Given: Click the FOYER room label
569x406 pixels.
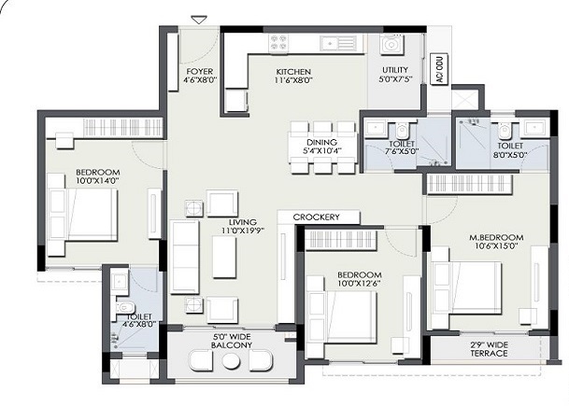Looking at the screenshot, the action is [x=199, y=72].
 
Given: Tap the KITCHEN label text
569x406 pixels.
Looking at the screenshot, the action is [x=293, y=72].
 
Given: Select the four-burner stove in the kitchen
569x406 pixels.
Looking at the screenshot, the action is [x=278, y=43].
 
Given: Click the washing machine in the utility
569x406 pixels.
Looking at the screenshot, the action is [x=391, y=45].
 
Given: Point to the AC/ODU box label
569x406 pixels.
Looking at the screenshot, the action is [x=439, y=69].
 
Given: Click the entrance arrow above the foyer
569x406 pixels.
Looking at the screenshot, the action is [x=199, y=20].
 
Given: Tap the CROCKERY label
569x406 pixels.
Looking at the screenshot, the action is [x=317, y=217].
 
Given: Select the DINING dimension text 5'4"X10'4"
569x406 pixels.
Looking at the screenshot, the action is [x=322, y=150].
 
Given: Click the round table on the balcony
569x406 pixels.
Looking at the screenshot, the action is [x=231, y=361].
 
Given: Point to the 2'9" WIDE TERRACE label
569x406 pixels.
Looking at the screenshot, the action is [x=489, y=349].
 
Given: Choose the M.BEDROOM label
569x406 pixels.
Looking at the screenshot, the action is [x=496, y=237].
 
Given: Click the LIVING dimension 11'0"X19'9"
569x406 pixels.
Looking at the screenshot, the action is [x=243, y=231].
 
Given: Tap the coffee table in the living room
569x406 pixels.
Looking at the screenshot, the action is [x=224, y=257].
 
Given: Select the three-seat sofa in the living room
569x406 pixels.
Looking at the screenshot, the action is [x=185, y=257].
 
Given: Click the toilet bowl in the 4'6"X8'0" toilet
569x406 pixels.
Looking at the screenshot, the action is [x=123, y=308].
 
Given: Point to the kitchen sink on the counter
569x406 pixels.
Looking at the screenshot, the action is [x=338, y=44].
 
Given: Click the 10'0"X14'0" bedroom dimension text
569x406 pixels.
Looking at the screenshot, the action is [x=97, y=180].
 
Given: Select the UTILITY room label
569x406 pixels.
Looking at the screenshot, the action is [x=395, y=69].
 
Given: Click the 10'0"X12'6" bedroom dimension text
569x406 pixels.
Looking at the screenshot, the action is [x=360, y=283].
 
